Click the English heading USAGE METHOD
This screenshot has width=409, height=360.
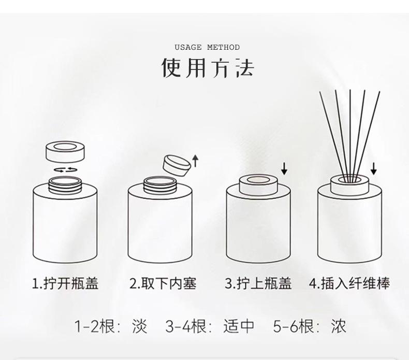pyautogui.click(x=207, y=47)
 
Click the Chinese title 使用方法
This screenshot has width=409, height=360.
pyautogui.click(x=208, y=68)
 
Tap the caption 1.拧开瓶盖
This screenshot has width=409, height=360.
pyautogui.click(x=65, y=283)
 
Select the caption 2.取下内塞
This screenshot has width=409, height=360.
pyautogui.click(x=163, y=283)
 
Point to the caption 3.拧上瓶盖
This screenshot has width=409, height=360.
pyautogui.click(x=258, y=283)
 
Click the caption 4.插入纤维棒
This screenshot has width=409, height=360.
pyautogui.click(x=349, y=283)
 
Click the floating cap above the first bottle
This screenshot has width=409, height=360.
pyautogui.click(x=65, y=152)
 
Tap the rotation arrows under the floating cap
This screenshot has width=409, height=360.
pyautogui.click(x=65, y=170)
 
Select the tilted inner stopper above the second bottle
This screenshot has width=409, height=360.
pyautogui.click(x=176, y=165)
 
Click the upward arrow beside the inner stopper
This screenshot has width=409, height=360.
pyautogui.click(x=195, y=161)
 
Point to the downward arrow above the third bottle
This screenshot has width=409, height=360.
pyautogui.click(x=284, y=168)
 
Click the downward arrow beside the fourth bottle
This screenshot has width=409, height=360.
pyautogui.click(x=373, y=168)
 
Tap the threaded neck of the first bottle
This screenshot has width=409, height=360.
pyautogui.click(x=65, y=185)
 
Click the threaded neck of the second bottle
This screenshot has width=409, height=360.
pyautogui.click(x=160, y=185)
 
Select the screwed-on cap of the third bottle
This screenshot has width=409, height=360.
pyautogui.click(x=258, y=185)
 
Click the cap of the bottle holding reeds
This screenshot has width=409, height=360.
pyautogui.click(x=349, y=185)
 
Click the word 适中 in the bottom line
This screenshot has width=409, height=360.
pyautogui.click(x=239, y=326)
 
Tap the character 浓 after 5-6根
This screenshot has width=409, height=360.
pyautogui.click(x=339, y=326)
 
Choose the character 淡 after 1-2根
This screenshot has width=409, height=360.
pyautogui.click(x=140, y=326)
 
